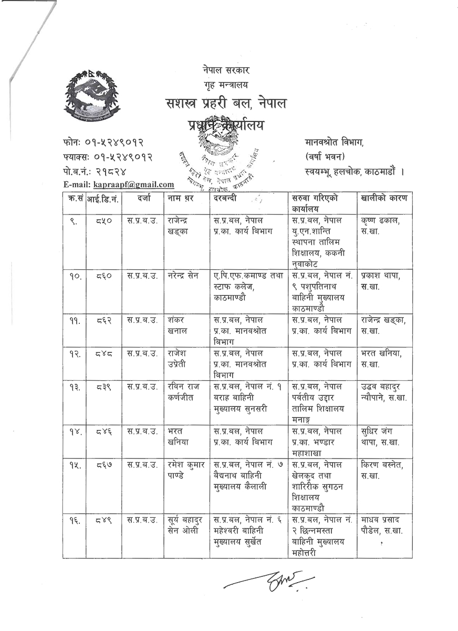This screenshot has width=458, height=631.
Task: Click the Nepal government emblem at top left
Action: point(92,96)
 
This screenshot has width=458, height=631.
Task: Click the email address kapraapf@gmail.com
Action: point(133,184)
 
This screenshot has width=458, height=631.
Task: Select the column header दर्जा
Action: point(142,198)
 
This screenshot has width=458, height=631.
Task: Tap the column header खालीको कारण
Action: point(384,198)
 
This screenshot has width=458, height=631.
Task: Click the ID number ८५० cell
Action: point(103,221)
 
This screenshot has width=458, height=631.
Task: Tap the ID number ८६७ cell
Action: point(103,465)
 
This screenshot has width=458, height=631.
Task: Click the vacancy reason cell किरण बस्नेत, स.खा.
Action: point(382,470)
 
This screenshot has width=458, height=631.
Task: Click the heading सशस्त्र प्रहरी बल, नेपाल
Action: point(225,104)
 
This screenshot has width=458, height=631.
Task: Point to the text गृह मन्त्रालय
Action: point(226,84)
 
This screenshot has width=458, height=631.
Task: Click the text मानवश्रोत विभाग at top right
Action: point(334,142)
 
